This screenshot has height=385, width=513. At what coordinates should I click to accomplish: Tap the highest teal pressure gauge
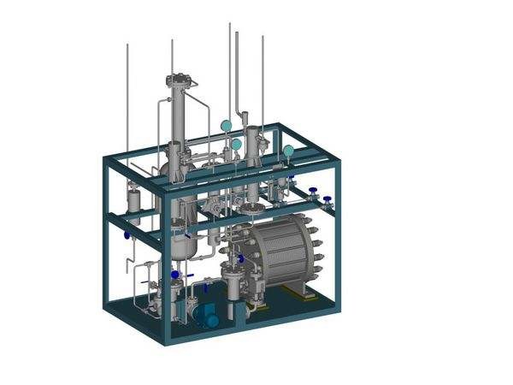tap(226, 126)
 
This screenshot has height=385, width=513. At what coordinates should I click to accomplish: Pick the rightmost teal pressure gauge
tap(288, 151)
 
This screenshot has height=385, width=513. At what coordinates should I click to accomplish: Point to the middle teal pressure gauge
tap(236, 145)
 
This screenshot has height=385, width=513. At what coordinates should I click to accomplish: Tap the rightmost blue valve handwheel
tap(327, 201)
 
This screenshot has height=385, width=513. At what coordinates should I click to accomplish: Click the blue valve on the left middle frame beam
tap(127, 234)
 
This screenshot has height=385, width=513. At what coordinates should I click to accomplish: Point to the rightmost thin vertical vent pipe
tap(262, 77)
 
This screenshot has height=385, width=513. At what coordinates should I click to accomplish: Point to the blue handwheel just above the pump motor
tap(205, 288)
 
